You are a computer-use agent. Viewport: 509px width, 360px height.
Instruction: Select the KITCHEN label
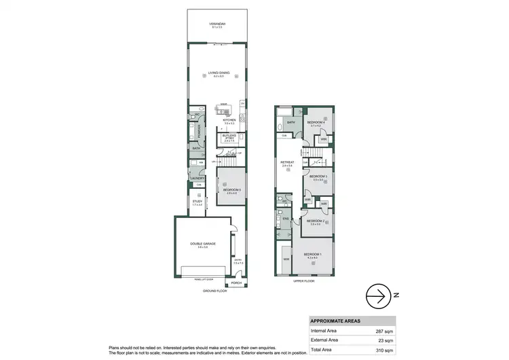click(x=229, y=120)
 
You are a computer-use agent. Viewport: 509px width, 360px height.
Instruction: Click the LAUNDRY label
click(x=197, y=179)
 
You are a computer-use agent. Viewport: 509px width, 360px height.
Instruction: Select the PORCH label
click(x=237, y=283)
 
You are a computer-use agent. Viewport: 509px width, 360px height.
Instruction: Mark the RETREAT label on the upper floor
click(x=286, y=162)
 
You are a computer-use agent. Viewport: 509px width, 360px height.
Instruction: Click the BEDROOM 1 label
click(x=313, y=255)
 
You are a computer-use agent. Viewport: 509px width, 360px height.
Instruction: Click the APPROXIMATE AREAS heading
click(x=336, y=321)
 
